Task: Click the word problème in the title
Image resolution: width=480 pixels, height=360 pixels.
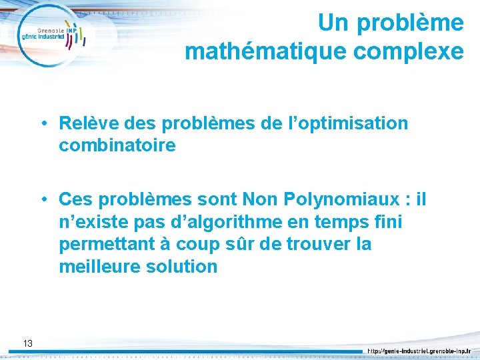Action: [411, 23]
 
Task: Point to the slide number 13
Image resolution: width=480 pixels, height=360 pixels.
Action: [27, 343]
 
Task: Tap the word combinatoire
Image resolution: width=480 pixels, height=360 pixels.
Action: [117, 145]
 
